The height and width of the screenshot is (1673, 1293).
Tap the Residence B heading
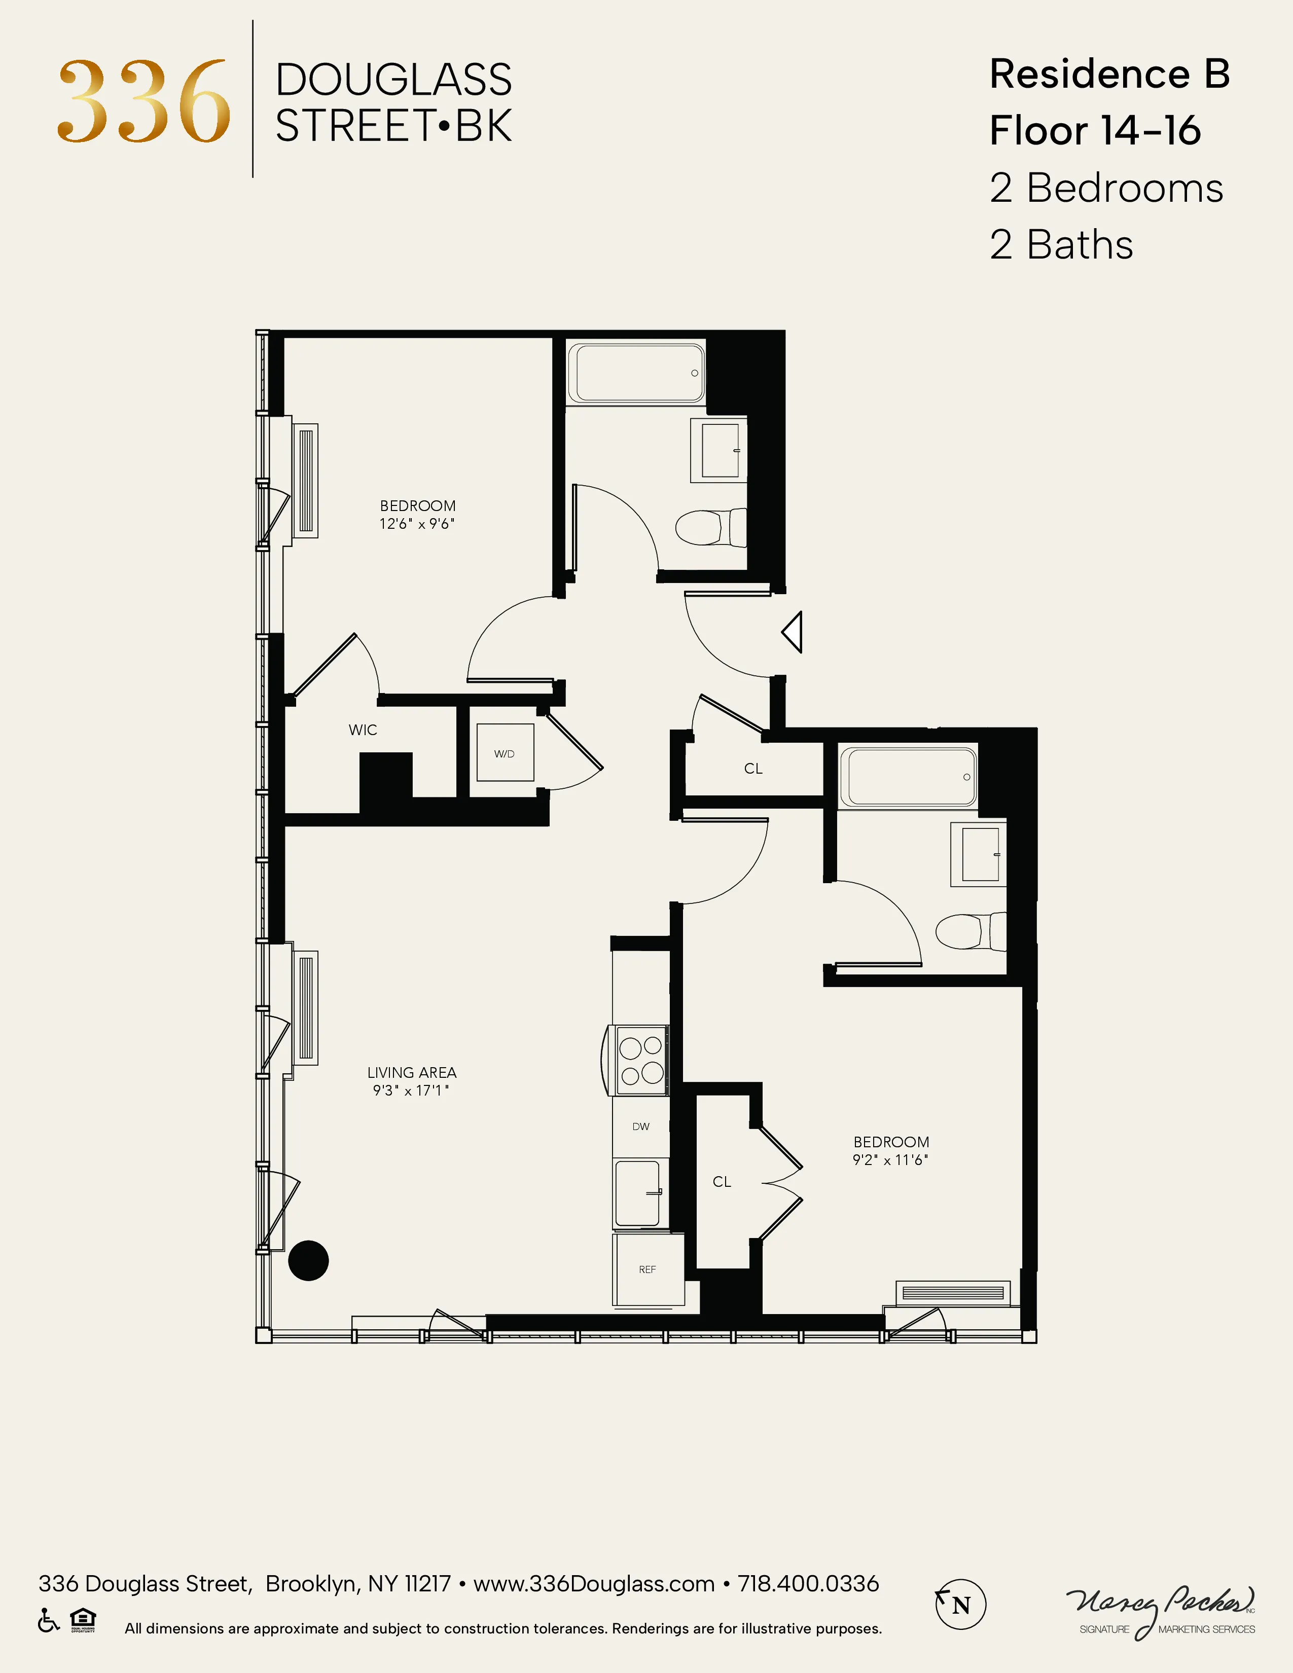pos(1108,75)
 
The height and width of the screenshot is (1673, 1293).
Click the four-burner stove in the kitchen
pos(641,1060)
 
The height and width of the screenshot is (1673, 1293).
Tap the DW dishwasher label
pos(640,1126)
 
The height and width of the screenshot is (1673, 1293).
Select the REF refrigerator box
pos(648,1269)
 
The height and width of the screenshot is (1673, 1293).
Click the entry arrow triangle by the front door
pos(793,632)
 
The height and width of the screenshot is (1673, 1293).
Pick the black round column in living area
pos(308,1260)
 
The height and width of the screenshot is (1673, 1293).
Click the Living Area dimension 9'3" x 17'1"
pos(411,1090)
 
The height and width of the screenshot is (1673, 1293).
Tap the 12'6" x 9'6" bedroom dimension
pos(417,524)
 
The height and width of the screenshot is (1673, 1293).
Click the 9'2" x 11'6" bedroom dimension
pos(890,1160)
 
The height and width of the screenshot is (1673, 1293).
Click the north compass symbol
pos(960,1604)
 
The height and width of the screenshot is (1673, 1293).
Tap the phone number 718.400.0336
pos(808,1583)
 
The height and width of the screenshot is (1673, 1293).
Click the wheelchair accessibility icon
pos(48,1620)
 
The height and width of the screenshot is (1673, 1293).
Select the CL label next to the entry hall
pos(753,769)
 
